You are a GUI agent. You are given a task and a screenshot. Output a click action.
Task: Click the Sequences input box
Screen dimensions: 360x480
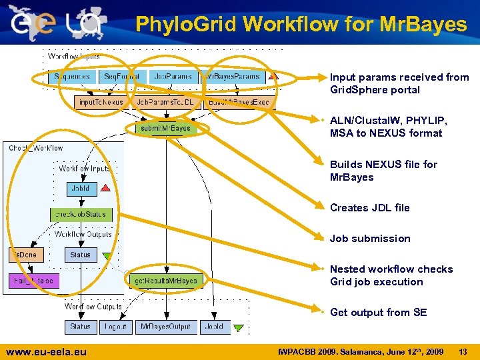73,77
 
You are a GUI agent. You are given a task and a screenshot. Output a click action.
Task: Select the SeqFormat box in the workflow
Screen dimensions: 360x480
121,77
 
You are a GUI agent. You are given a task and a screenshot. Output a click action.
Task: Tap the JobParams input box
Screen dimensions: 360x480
172,77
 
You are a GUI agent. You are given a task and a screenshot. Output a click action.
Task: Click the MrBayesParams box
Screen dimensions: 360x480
233,77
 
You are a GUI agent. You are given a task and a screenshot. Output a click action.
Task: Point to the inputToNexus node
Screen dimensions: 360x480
101,103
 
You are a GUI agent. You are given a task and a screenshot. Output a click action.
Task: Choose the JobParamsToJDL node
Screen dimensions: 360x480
165,103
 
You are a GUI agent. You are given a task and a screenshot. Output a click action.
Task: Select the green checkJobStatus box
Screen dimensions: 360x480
81,215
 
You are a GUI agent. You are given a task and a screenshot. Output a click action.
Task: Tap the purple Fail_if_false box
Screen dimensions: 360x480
33,281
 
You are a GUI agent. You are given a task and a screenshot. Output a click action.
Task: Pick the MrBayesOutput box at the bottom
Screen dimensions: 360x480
166,327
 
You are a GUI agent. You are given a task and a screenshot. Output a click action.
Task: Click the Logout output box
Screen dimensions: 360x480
115,327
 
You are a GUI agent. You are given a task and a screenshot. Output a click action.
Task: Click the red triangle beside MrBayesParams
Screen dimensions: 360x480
273,77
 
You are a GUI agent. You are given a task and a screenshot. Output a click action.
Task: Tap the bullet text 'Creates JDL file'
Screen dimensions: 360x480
369,208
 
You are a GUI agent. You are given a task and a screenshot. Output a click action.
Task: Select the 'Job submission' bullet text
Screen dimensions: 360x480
370,239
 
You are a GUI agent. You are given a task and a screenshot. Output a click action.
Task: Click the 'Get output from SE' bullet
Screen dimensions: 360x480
378,313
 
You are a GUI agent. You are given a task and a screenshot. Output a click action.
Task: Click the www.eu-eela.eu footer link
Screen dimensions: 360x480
46,351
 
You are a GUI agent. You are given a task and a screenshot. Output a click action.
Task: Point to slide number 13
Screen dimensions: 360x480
463,351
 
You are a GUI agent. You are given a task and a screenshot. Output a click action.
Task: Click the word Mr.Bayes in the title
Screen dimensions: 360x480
424,25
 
